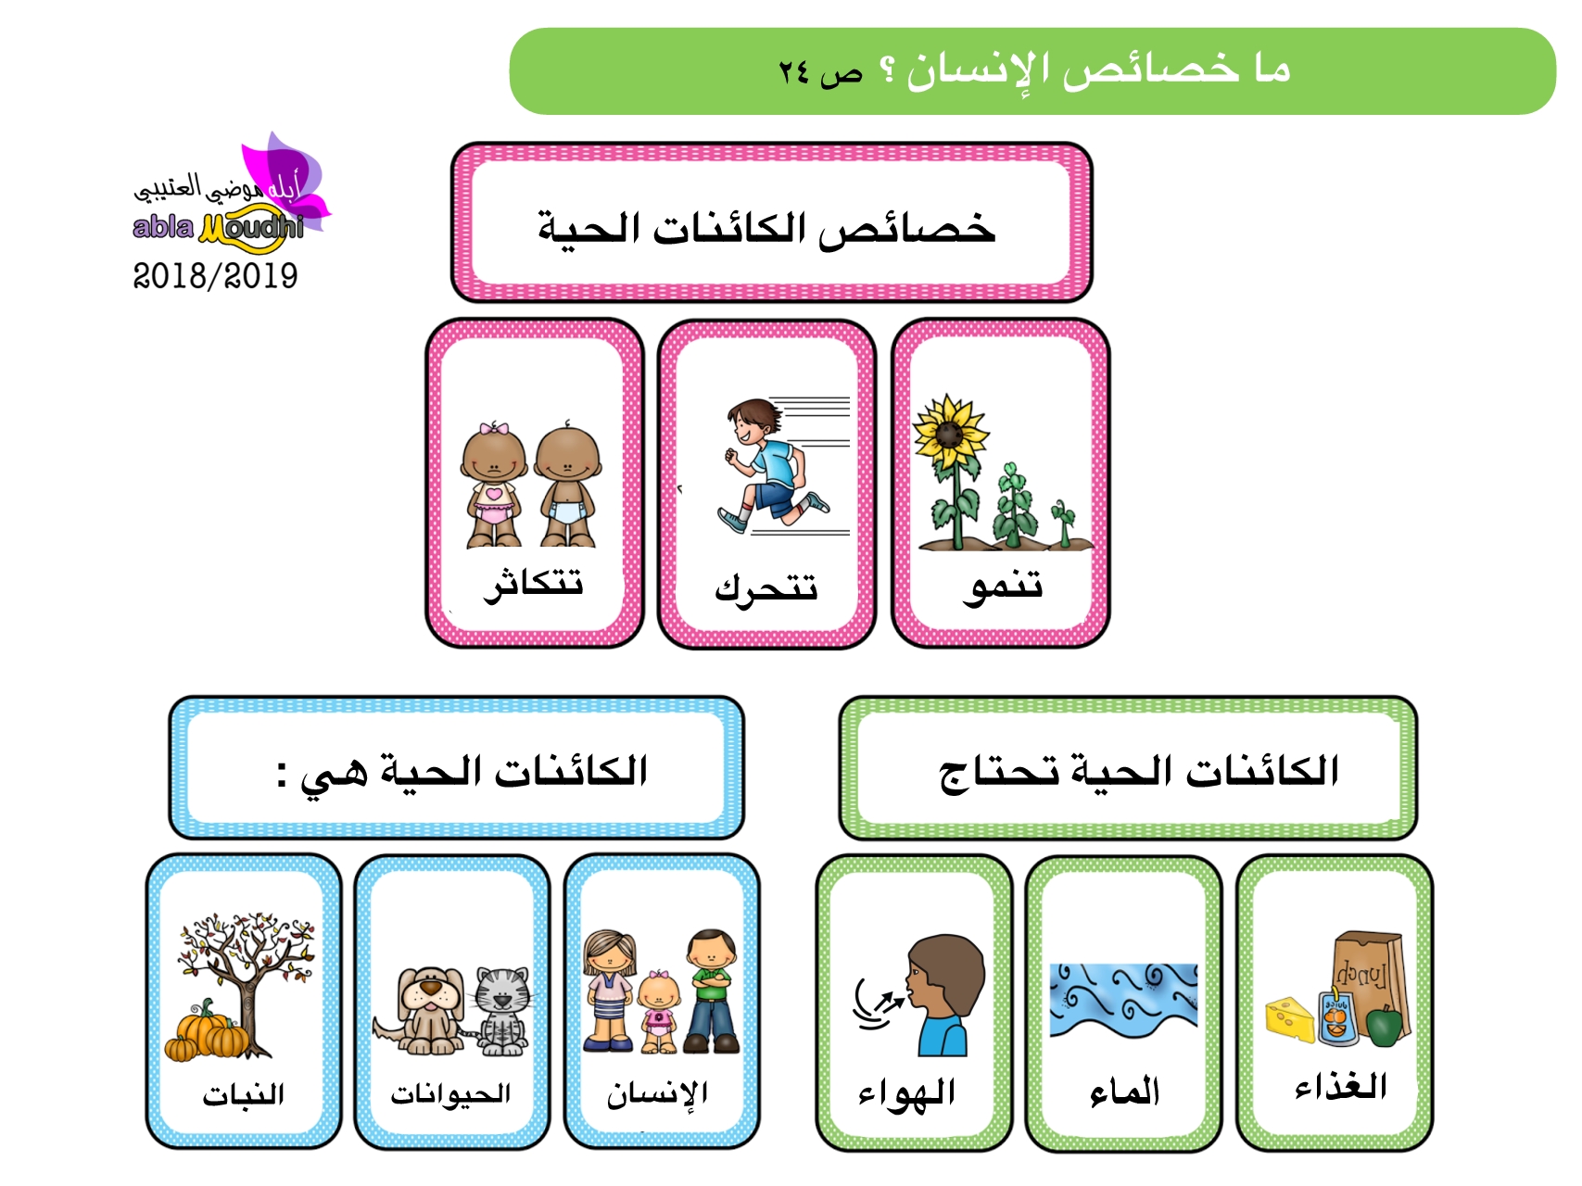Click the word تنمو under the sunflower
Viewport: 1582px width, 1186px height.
tap(1003, 585)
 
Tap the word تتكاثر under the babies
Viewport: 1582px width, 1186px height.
tap(533, 583)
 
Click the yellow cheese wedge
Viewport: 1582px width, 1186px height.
tap(1290, 1019)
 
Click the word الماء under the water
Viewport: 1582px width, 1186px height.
tap(1124, 1091)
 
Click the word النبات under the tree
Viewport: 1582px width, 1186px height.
tap(244, 1094)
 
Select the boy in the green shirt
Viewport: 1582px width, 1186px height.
tap(712, 991)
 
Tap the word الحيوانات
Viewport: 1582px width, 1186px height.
tap(450, 1094)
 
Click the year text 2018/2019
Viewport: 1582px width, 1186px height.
tap(215, 275)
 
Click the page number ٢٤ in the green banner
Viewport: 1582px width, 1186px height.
tap(794, 71)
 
